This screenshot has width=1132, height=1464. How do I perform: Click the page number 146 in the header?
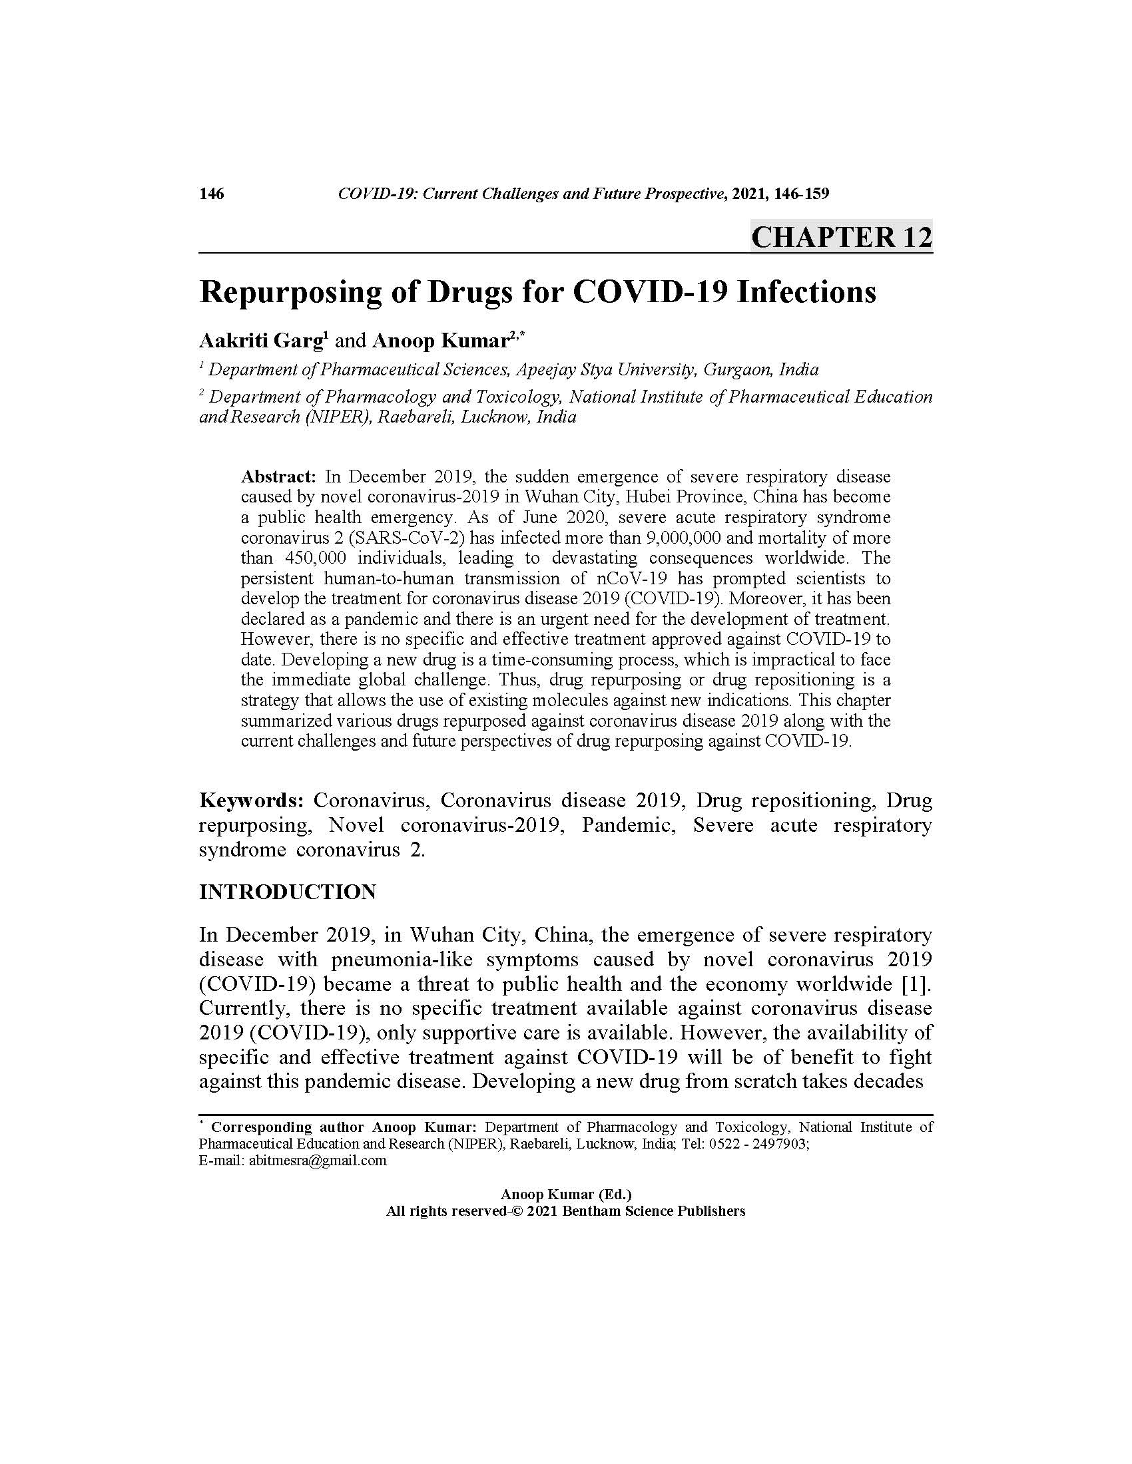click(x=211, y=194)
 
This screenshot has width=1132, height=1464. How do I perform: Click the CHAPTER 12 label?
click(x=841, y=238)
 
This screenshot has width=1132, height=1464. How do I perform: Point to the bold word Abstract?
click(x=278, y=476)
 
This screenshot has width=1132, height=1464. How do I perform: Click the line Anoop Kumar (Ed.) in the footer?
click(x=566, y=1194)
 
